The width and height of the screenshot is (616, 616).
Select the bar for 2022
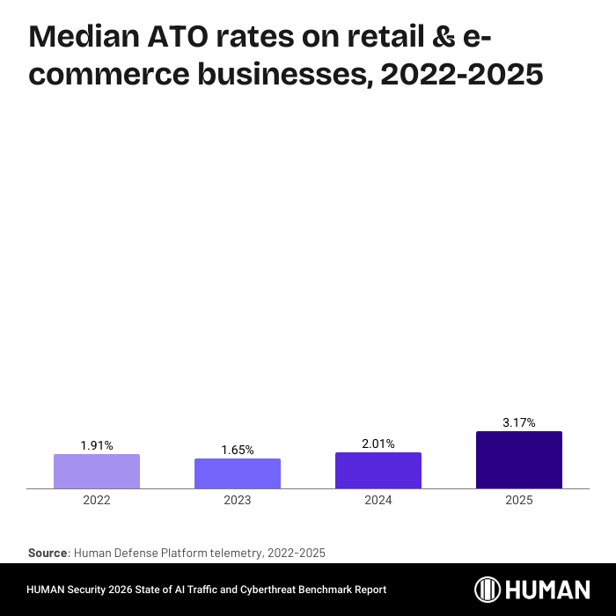(x=97, y=471)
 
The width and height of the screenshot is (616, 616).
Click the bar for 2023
(x=238, y=473)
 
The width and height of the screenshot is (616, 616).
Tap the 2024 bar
(x=378, y=470)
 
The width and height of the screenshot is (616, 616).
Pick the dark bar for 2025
(x=519, y=459)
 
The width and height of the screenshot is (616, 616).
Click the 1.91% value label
(x=97, y=445)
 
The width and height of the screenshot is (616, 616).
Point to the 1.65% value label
(x=238, y=450)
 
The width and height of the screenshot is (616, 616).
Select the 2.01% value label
(x=378, y=444)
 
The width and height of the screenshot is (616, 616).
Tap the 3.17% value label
(x=519, y=423)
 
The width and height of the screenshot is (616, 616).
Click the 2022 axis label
(x=97, y=500)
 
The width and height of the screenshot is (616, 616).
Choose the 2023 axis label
(x=238, y=500)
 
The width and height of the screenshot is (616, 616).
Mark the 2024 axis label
(x=378, y=500)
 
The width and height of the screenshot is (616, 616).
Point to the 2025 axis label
(x=519, y=500)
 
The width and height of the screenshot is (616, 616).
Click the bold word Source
(x=48, y=553)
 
